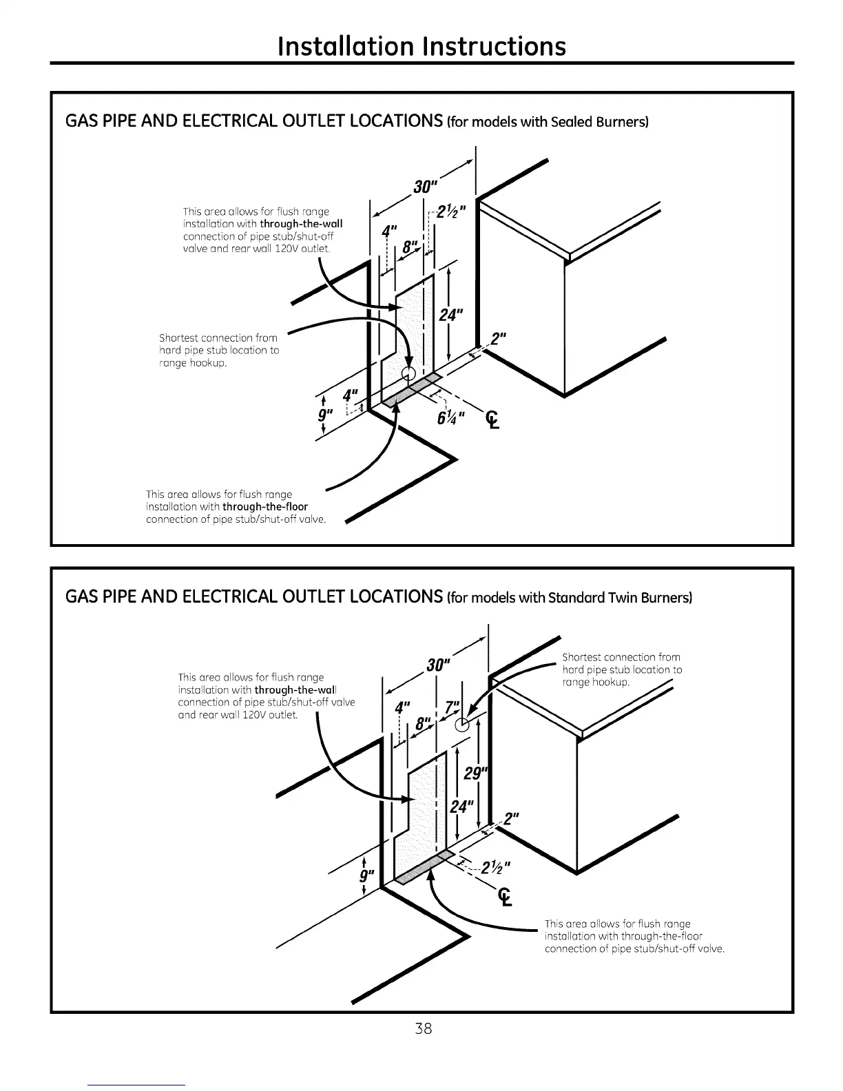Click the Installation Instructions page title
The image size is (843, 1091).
click(x=421, y=45)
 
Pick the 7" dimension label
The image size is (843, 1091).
click(x=452, y=708)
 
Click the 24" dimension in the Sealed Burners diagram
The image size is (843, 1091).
click(x=452, y=315)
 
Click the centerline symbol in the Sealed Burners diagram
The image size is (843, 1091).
click(x=493, y=419)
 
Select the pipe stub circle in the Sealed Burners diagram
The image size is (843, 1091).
click(x=409, y=373)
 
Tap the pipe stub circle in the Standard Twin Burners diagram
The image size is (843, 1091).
click(x=465, y=723)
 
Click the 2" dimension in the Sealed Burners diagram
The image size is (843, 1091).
click(x=498, y=339)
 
